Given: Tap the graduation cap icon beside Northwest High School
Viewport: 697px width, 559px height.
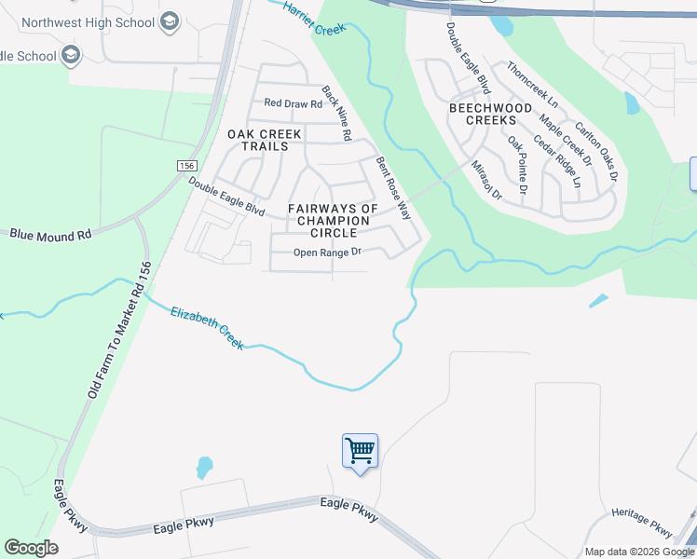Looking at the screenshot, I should (169, 21).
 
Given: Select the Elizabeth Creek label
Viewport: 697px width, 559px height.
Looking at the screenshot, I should (207, 328).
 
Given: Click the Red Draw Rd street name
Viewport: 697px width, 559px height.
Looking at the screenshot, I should (293, 103).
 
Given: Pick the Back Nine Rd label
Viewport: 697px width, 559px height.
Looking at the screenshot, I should (335, 114).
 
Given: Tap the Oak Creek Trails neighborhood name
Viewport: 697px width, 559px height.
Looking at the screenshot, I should (265, 140).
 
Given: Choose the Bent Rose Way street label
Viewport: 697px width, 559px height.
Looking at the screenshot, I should (393, 187).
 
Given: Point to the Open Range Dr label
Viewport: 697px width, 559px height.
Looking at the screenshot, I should (327, 252).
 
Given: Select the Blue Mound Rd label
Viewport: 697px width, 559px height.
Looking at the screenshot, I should (50, 235).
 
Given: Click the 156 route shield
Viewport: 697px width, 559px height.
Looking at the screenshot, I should (185, 165).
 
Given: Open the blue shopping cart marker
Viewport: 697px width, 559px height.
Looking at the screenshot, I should (360, 452).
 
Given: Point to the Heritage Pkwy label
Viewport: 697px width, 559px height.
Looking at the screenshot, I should (642, 523).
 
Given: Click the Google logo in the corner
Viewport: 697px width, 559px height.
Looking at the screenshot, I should (32, 548).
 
